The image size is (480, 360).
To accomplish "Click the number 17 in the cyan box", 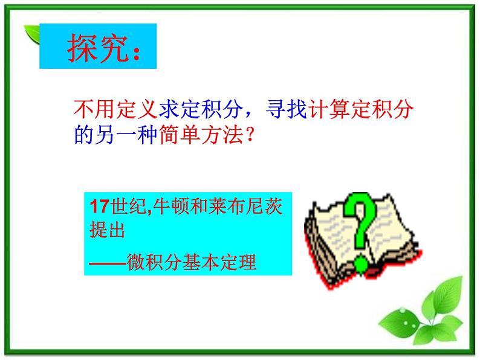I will click(x=97, y=207).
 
